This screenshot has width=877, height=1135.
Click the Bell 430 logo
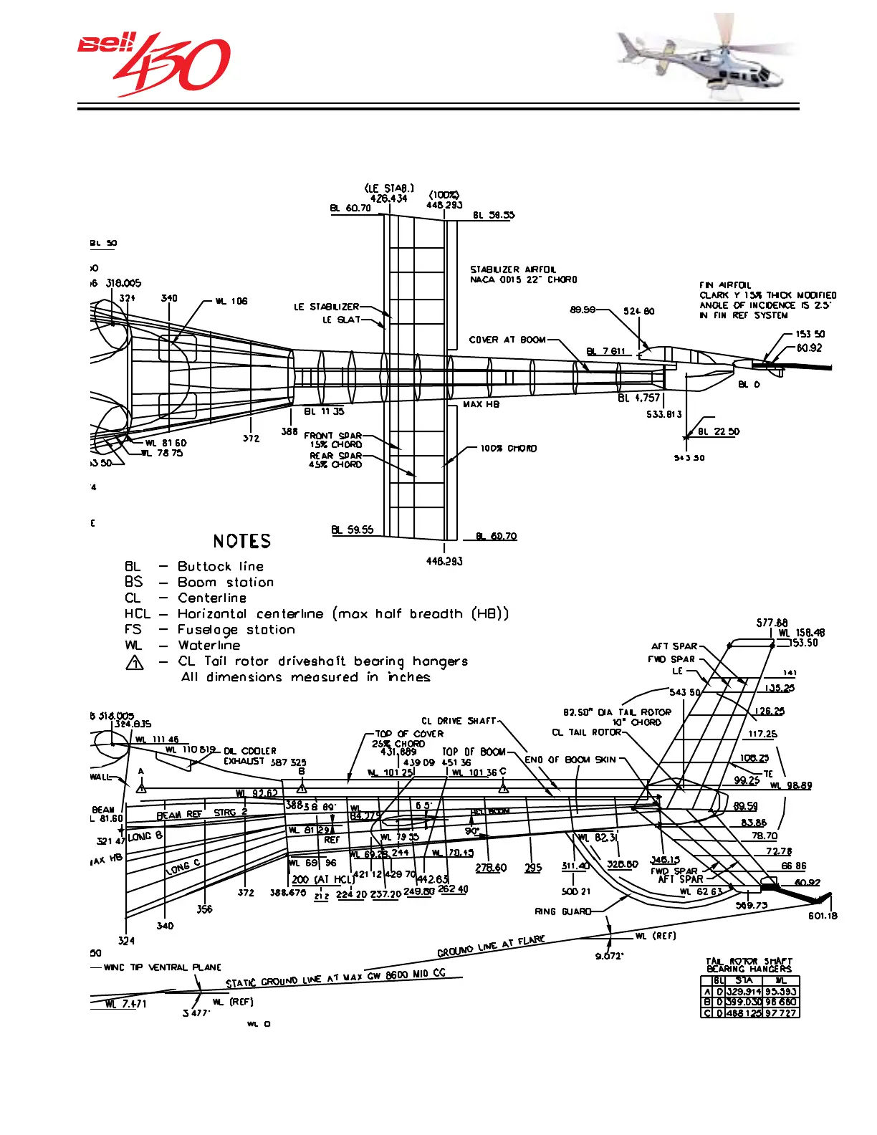[154, 64]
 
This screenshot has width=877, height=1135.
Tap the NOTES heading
[242, 541]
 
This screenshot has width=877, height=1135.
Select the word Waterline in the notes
[209, 645]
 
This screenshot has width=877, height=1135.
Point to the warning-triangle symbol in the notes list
[135, 663]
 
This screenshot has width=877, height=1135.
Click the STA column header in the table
[744, 980]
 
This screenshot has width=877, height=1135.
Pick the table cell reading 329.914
[744, 991]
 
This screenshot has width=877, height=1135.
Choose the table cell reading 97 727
[781, 1012]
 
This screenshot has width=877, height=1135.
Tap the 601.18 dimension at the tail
[823, 916]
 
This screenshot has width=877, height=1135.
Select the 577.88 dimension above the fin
[772, 623]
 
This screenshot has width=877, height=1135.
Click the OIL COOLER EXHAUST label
[250, 756]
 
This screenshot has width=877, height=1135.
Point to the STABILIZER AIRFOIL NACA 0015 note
[523, 274]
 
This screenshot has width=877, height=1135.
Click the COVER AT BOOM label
[507, 340]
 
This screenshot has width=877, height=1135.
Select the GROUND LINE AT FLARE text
[492, 946]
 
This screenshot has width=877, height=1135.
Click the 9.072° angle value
[610, 956]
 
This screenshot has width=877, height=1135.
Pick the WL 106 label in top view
[231, 301]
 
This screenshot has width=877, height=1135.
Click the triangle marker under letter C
[504, 788]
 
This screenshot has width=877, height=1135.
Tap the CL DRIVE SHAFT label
[459, 721]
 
